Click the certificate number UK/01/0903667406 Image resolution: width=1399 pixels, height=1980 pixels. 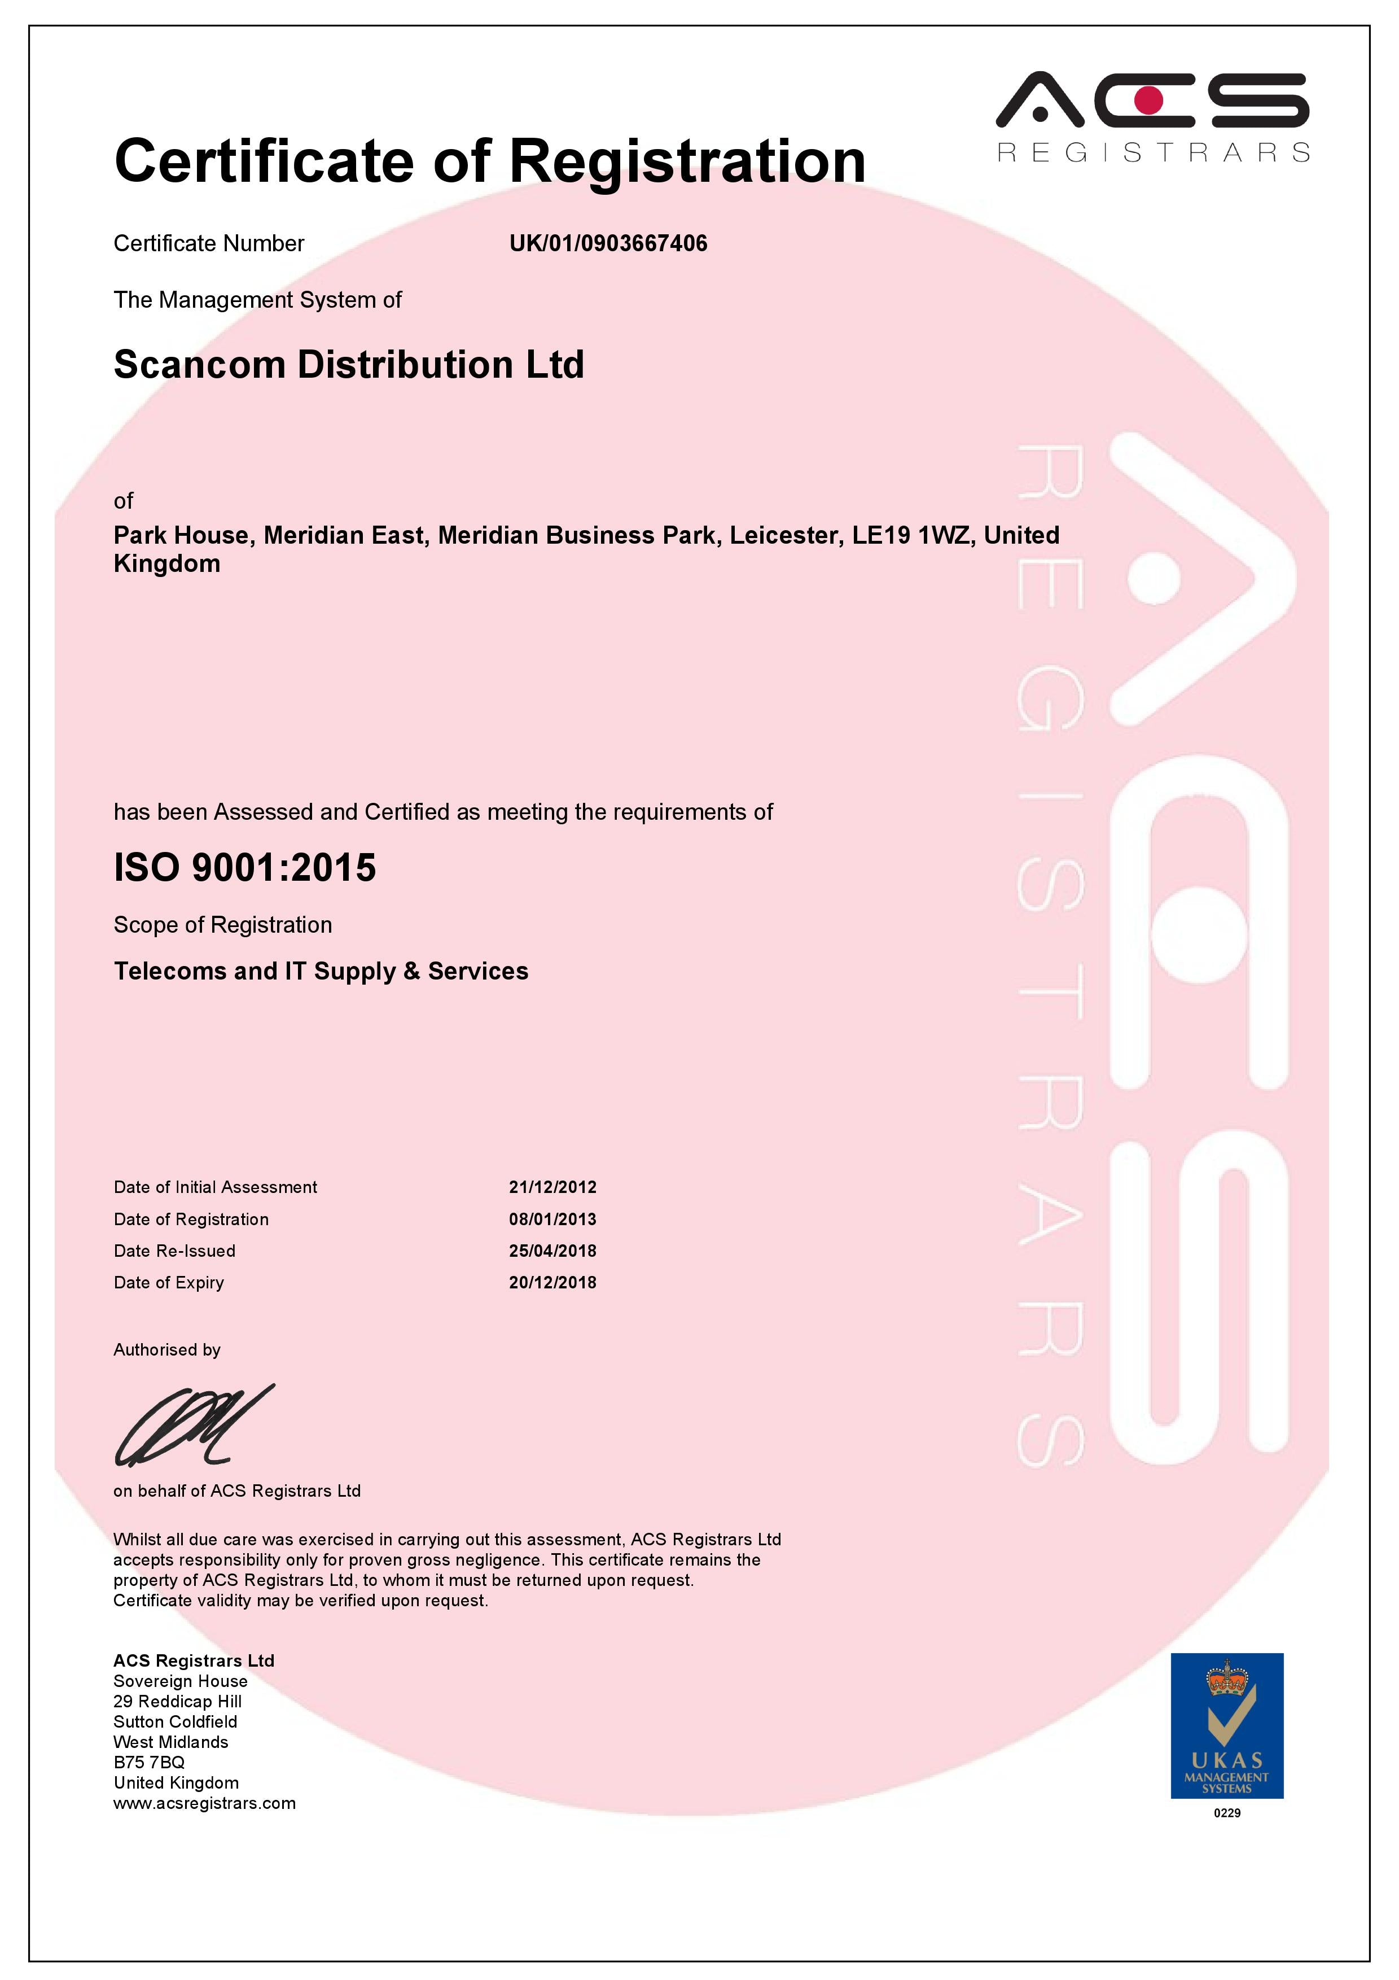(608, 243)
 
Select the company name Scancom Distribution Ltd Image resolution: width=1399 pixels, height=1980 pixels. (349, 365)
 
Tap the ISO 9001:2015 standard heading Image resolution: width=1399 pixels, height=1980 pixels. (245, 868)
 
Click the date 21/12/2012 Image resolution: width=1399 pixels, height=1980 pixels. (552, 1187)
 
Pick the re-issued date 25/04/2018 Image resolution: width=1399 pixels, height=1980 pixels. (552, 1251)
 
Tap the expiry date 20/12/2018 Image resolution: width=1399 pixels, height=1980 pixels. (552, 1282)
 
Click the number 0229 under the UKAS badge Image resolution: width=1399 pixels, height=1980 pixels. (1227, 1813)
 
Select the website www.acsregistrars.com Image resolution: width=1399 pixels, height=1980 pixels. (204, 1803)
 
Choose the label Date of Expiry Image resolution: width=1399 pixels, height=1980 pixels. (169, 1282)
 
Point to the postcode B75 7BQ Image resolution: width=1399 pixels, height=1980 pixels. (149, 1762)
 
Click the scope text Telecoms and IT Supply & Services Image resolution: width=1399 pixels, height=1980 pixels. (321, 971)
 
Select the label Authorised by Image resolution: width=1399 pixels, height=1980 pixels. (167, 1349)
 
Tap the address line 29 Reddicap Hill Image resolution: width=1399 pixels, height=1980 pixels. (178, 1702)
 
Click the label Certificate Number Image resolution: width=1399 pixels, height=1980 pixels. (209, 243)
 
